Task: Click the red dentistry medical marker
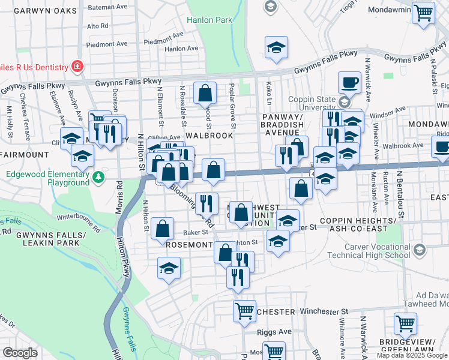coord(77,65)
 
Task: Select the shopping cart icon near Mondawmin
coord(424,13)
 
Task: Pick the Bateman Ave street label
coord(108,7)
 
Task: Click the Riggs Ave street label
coord(277,331)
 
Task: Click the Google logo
coord(20,353)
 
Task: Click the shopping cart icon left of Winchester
coord(244,311)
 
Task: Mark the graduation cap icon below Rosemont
coord(169,268)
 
